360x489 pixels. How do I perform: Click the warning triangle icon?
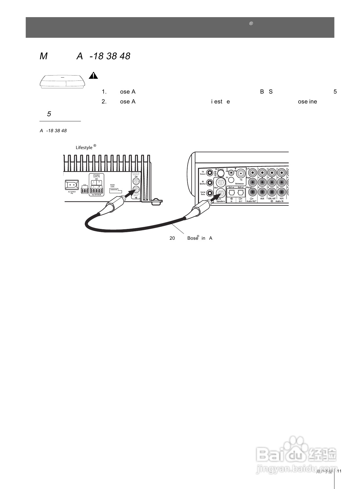coord(93,76)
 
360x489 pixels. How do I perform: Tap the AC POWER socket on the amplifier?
coord(71,185)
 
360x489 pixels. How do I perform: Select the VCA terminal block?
coord(85,191)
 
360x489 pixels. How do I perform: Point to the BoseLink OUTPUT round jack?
coord(136,182)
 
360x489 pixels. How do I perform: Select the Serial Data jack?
coord(210,193)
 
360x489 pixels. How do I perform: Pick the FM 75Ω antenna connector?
coord(241,174)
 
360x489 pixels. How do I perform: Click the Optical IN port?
coord(231,193)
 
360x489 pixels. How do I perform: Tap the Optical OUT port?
coord(241,193)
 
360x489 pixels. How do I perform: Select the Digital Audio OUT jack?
coord(253,192)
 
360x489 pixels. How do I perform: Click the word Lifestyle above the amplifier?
coord(84,148)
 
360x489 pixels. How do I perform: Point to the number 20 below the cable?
coord(172,238)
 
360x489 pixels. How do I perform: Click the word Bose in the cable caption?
coord(192,238)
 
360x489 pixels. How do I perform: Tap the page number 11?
coord(339,471)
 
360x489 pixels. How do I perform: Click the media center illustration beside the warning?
coord(62,81)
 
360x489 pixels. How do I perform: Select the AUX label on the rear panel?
coord(262,199)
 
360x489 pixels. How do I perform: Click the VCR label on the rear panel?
coord(281,199)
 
